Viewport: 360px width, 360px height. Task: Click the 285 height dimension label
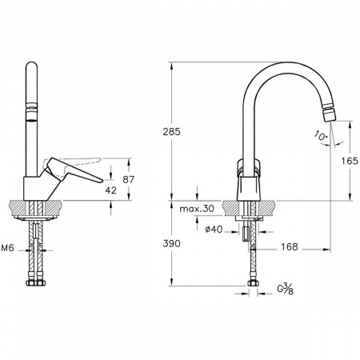(x=172, y=131)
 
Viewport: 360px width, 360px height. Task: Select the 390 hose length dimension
(x=172, y=243)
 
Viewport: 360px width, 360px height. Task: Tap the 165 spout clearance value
(x=350, y=161)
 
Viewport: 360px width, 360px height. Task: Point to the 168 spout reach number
(x=290, y=247)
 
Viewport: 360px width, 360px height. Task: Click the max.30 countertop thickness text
(x=197, y=209)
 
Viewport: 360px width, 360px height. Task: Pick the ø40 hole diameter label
(x=214, y=229)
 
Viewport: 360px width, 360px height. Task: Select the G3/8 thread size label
(x=286, y=289)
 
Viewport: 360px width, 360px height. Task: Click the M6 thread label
(x=7, y=248)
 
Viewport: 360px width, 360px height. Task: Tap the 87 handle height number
(x=129, y=180)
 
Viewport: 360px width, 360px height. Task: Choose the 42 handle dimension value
(x=111, y=190)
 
